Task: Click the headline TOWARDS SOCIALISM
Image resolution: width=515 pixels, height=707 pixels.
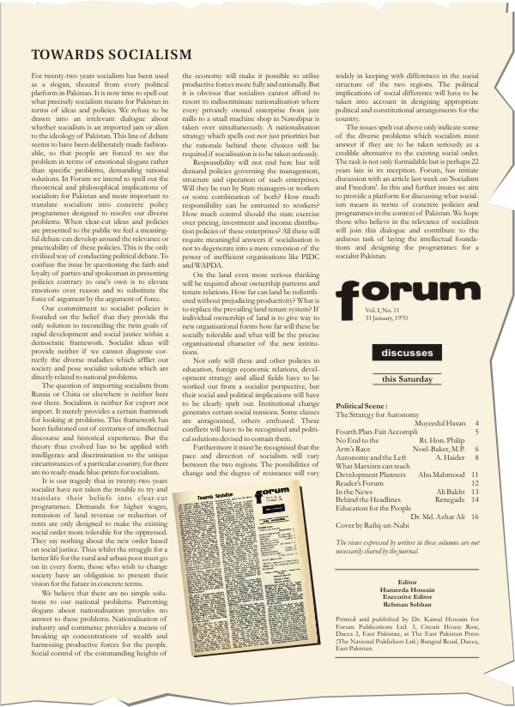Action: click(112, 56)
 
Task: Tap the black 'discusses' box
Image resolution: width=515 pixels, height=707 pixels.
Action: click(407, 353)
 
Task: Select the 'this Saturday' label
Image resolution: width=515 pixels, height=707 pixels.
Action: click(407, 378)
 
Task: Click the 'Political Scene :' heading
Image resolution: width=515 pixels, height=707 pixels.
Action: click(362, 406)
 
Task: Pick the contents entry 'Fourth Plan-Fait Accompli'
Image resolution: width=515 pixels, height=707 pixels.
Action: click(372, 432)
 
